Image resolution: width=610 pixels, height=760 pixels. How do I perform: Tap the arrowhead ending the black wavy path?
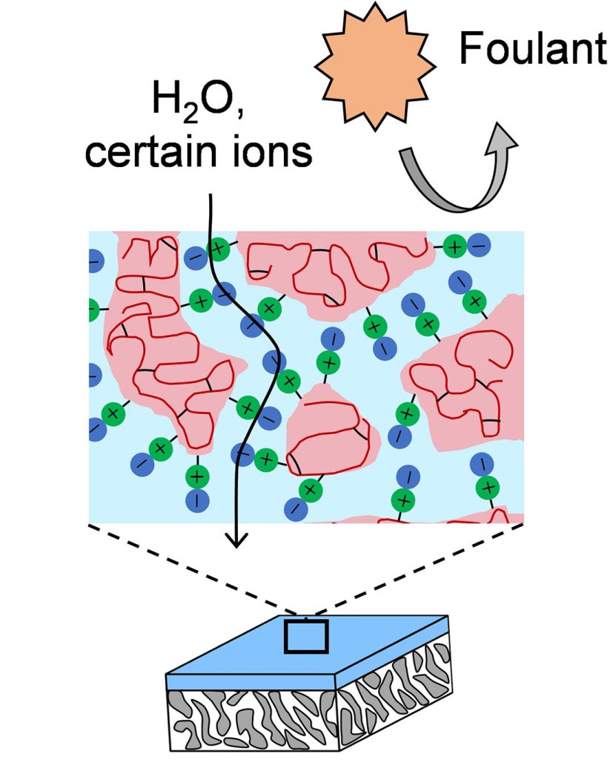pos(236,540)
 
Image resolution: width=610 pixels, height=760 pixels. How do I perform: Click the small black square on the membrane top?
pos(307,637)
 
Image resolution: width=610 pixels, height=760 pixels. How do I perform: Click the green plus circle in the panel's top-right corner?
pos(453,246)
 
